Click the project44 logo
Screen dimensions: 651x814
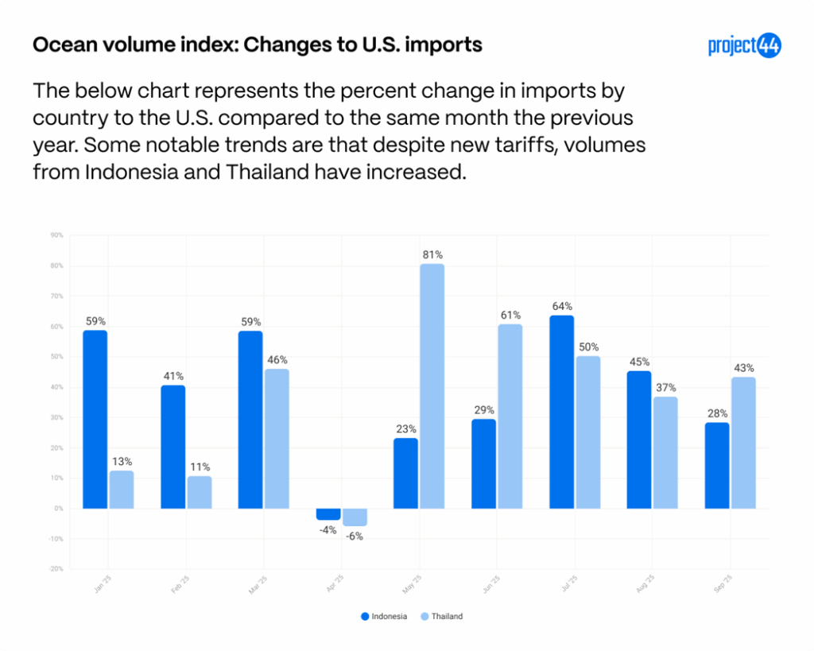(744, 45)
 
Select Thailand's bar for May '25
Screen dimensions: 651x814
(432, 386)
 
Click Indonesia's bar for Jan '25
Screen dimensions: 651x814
(95, 419)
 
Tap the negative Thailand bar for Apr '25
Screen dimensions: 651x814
(355, 517)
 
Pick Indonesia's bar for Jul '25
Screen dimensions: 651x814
(562, 412)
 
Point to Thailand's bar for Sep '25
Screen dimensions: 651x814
(743, 443)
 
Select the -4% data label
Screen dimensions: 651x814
(328, 530)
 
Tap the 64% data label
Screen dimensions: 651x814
(562, 306)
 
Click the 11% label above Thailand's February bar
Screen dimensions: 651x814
(200, 467)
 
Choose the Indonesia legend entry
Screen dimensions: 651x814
(384, 616)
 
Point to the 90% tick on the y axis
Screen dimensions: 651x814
(56, 235)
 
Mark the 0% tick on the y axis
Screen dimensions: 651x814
(58, 509)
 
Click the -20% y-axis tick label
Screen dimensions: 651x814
(56, 569)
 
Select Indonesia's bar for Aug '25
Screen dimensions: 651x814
(639, 440)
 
